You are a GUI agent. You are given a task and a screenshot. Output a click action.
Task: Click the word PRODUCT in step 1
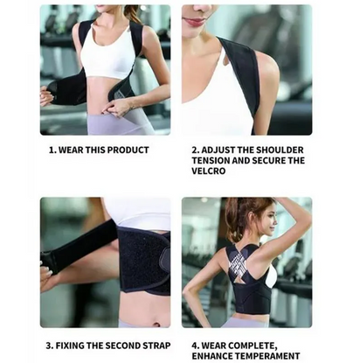click(x=127, y=150)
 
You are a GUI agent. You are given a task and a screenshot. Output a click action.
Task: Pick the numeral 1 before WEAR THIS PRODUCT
click(x=51, y=150)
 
